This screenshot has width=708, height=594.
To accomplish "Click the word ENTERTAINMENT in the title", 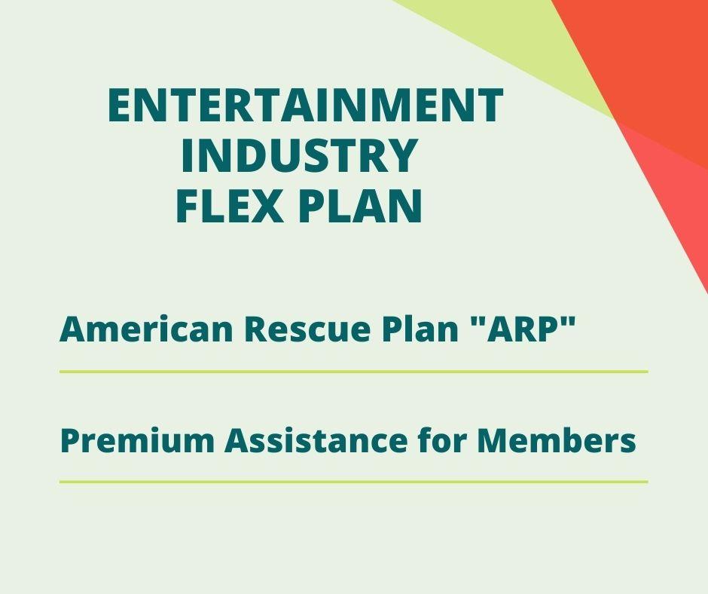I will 305,106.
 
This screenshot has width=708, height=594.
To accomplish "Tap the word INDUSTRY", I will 299,155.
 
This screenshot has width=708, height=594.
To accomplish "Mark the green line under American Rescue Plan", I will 353,372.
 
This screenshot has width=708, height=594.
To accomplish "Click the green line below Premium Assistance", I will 353,482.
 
